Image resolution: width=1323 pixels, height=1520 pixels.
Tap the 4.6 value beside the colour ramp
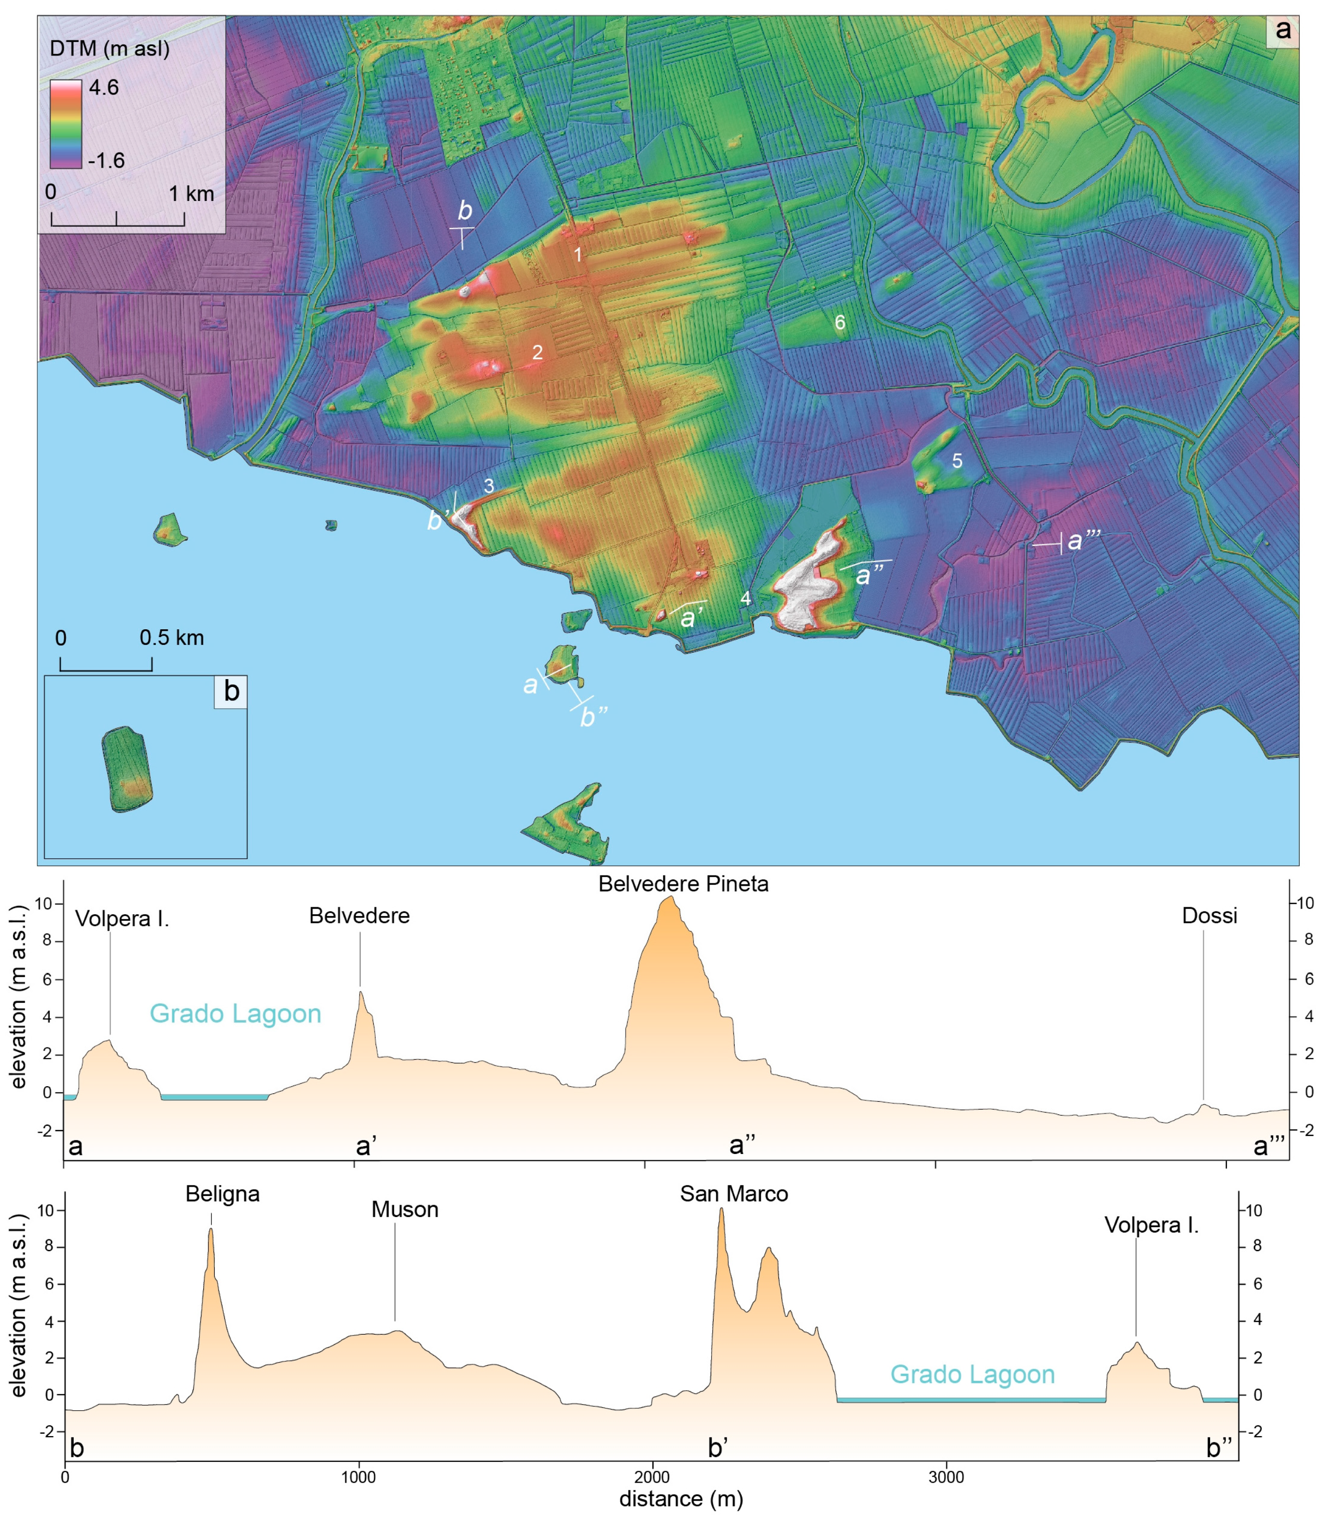[104, 88]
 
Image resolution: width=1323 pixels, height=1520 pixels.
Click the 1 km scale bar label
[191, 194]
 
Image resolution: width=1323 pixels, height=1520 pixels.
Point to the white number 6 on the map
[839, 323]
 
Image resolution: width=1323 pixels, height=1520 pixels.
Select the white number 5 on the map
[957, 461]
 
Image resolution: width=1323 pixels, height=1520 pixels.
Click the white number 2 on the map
[537, 352]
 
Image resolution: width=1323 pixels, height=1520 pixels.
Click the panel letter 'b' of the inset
[231, 692]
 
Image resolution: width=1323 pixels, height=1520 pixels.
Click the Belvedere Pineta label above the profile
[683, 884]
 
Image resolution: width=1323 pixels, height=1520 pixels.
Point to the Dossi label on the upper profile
[1209, 916]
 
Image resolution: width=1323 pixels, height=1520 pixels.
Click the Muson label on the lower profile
[405, 1210]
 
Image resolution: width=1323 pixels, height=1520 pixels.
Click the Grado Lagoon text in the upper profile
[236, 1014]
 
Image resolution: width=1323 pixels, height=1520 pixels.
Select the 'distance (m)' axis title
[681, 1499]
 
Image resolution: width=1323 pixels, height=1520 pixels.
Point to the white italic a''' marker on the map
[1083, 540]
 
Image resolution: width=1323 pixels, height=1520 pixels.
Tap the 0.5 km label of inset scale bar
[171, 638]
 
